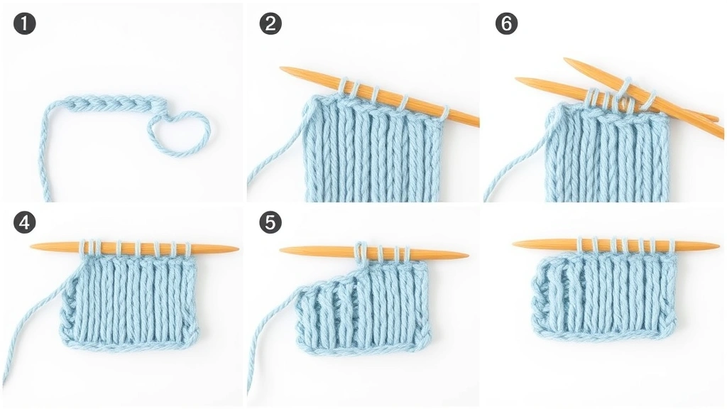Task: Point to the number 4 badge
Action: click(25, 223)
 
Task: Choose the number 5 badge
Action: click(270, 223)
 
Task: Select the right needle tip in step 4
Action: click(236, 249)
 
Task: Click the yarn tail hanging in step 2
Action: click(273, 163)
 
